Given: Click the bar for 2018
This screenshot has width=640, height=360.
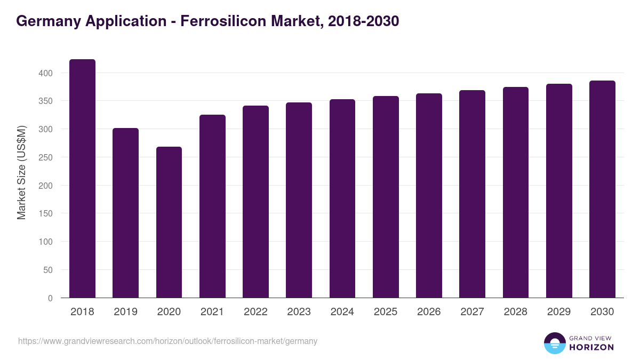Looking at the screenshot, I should click(82, 179).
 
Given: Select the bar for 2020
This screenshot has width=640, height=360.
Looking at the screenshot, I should click(169, 222).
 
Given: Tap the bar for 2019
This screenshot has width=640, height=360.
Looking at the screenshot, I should click(125, 213).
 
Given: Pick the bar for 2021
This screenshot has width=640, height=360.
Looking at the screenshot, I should click(212, 206).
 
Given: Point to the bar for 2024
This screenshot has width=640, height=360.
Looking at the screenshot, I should click(342, 198).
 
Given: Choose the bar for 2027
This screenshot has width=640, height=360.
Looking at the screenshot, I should click(472, 194).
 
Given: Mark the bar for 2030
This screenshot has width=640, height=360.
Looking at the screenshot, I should click(602, 189).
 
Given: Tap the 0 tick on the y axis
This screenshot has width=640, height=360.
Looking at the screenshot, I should click(51, 298).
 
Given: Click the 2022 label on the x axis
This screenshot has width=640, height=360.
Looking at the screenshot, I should click(255, 312).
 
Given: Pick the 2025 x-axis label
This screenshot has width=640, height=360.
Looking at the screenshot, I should click(386, 312).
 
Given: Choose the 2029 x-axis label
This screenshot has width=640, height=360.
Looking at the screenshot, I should click(559, 312).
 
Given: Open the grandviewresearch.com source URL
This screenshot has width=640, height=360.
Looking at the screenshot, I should click(167, 341).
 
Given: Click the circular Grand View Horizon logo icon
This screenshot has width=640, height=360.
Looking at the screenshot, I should click(555, 343).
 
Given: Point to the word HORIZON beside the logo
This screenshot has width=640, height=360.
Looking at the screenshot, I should click(591, 347).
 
